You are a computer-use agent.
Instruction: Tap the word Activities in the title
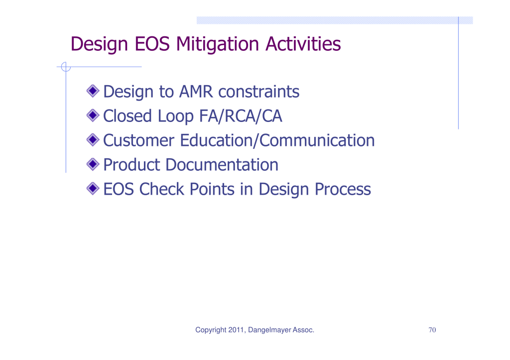(303, 44)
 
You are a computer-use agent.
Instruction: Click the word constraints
(258, 92)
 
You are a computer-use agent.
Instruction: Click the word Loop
(176, 117)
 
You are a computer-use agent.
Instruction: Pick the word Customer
(138, 140)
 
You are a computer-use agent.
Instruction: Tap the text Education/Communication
(277, 140)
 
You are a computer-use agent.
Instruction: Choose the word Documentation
(222, 164)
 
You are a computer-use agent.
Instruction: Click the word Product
(131, 165)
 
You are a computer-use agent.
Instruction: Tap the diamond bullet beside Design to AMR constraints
(93, 91)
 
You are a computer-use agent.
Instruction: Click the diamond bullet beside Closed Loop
(93, 115)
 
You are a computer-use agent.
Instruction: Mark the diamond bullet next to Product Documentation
(93, 164)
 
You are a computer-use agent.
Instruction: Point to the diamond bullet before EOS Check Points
(93, 188)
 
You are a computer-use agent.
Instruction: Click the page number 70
(432, 330)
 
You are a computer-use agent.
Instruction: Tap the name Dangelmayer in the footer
(269, 330)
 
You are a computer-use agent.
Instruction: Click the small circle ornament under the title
(66, 67)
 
